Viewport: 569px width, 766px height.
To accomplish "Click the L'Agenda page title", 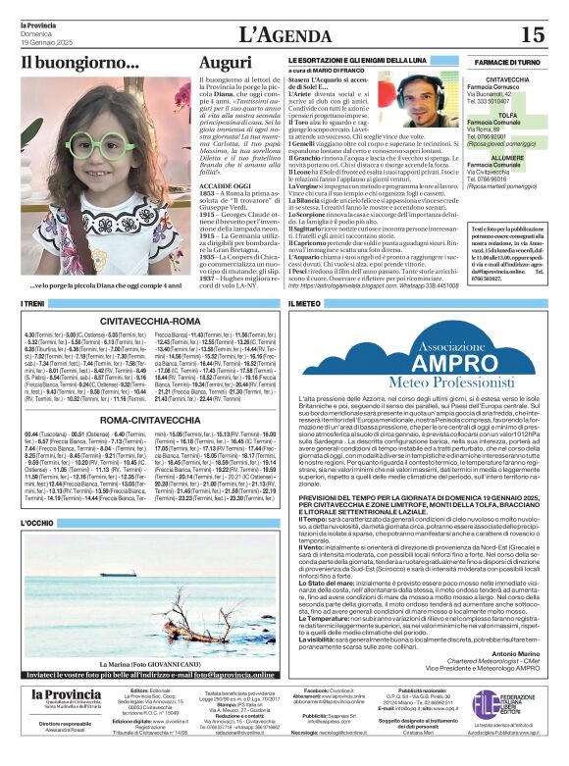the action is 285,33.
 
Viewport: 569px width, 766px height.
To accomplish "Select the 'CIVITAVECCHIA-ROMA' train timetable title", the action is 148,319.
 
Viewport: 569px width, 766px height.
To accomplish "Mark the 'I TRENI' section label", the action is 32,305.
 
